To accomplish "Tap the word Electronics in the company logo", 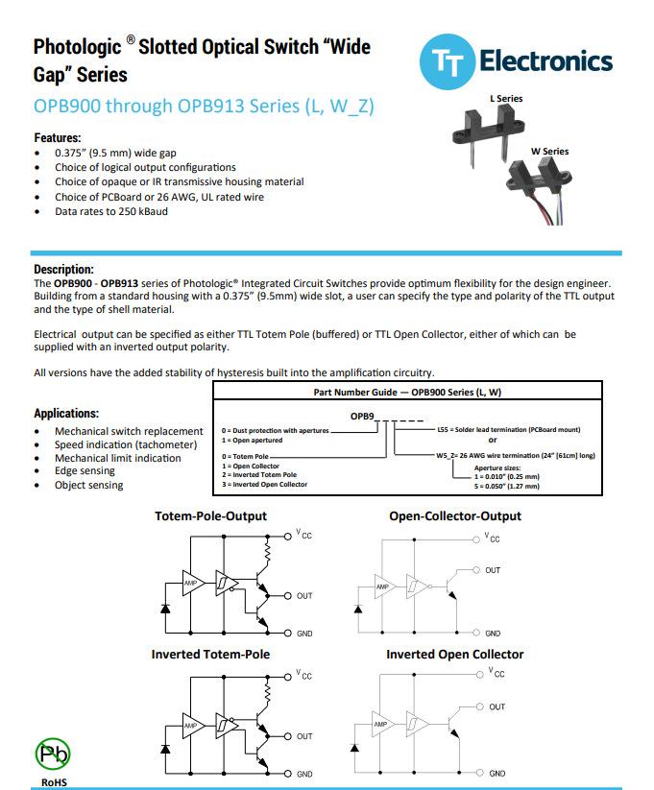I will click(x=545, y=62).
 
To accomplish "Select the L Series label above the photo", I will click(x=506, y=99).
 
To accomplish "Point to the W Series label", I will click(x=549, y=152).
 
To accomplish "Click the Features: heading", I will click(x=58, y=138).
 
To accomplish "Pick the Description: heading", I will click(x=64, y=270).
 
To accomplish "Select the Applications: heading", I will click(x=66, y=414).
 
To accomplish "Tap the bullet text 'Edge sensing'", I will click(x=85, y=471).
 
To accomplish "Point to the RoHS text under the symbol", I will click(x=54, y=781).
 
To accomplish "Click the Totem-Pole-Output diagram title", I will click(x=210, y=516).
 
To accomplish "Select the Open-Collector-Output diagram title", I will click(x=455, y=516).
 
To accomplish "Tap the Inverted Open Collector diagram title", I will click(x=455, y=655).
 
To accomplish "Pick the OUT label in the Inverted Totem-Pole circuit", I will click(x=303, y=736).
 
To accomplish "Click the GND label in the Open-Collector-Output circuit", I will click(x=493, y=634).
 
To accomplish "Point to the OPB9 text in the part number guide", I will click(x=363, y=415).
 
